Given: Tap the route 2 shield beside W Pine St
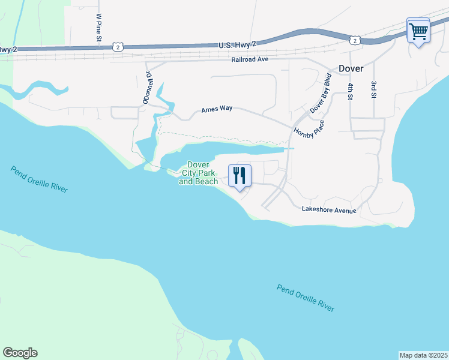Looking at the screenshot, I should [119, 46].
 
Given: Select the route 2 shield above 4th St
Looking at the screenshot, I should [355, 40].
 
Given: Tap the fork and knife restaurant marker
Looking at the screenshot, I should [240, 175].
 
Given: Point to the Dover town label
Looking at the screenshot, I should [351, 68].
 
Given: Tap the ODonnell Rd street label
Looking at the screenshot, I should [147, 88].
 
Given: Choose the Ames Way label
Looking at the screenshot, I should [217, 109].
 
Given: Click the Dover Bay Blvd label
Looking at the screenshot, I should [321, 94].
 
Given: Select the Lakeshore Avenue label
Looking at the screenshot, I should [329, 210].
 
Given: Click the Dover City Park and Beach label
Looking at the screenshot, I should [198, 173].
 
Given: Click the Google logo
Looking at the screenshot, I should [20, 353].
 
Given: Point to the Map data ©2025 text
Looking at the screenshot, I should [424, 355].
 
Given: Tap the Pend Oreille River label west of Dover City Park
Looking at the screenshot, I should [39, 179].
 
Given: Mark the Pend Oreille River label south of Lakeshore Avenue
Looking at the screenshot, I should [306, 297].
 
